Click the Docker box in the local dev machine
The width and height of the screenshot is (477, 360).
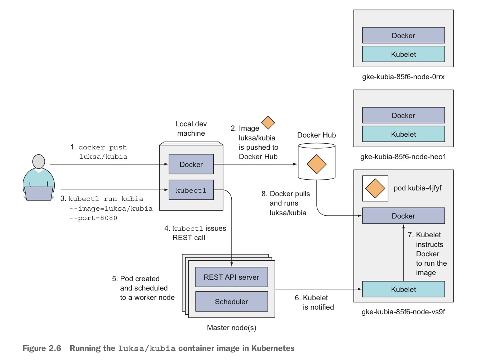(x=191, y=164)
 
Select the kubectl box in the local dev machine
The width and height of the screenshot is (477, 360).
(x=191, y=190)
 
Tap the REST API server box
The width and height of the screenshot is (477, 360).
(x=231, y=277)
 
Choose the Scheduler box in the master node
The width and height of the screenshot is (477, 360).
(x=231, y=301)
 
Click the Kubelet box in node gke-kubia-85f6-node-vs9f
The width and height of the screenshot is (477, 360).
(x=403, y=289)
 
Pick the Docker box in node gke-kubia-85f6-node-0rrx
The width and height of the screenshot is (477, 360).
(x=403, y=35)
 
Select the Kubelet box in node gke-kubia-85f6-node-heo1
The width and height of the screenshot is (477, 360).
(x=403, y=134)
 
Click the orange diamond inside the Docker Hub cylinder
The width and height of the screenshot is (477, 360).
(x=316, y=164)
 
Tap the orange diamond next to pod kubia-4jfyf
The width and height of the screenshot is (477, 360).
(x=375, y=188)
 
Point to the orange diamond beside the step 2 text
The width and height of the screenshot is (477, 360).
(x=268, y=123)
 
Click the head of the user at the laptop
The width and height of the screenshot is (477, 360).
(x=39, y=162)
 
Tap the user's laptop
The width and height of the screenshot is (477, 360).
(x=39, y=193)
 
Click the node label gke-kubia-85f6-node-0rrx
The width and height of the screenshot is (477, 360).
(x=403, y=77)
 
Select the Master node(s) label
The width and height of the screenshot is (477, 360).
(x=231, y=328)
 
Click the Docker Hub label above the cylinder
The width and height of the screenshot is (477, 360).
(x=316, y=135)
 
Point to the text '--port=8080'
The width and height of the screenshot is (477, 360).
(x=93, y=218)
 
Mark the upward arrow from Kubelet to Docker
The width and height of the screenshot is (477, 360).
(x=404, y=252)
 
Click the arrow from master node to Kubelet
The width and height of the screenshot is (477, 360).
(x=317, y=289)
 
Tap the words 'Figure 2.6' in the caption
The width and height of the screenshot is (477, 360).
(x=42, y=348)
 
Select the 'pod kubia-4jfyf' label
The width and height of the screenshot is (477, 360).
(x=417, y=188)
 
